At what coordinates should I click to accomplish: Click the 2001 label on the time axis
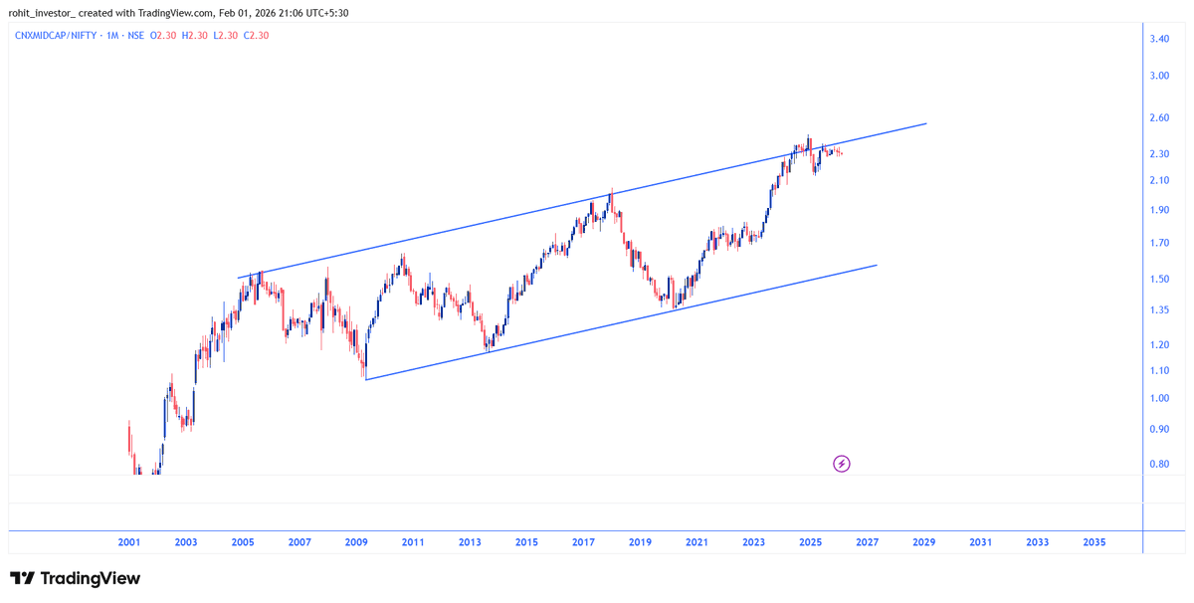(128, 542)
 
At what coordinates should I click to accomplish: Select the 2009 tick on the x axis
(356, 542)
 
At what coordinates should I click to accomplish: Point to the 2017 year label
(583, 542)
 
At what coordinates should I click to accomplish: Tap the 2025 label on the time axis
(810, 542)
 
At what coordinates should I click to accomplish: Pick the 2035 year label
(1094, 542)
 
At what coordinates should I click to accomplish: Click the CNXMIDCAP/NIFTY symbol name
(66, 35)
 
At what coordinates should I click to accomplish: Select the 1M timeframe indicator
(115, 35)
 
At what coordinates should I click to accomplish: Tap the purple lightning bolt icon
(841, 464)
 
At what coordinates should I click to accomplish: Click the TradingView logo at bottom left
(75, 578)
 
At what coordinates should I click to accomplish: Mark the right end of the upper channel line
(926, 123)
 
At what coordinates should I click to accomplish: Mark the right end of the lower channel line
(877, 265)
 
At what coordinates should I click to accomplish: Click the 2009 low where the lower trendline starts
(365, 379)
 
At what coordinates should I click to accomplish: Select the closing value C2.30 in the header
(257, 35)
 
